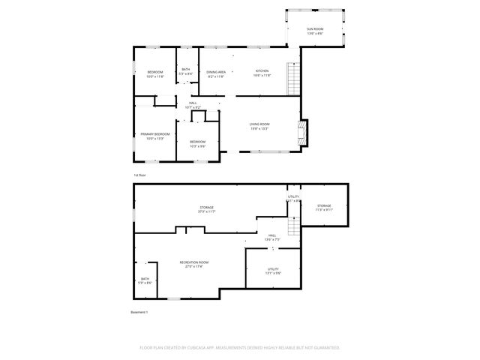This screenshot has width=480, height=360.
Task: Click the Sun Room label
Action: coord(314,30)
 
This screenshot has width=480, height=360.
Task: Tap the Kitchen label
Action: coord(261,71)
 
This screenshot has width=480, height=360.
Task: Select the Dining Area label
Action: coord(217,71)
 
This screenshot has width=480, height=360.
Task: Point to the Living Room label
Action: coord(259,125)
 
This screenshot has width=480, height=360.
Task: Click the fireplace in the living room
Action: coord(301,132)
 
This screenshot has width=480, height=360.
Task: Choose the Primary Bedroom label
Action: coord(155,135)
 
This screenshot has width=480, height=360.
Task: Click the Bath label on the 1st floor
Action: coord(185,70)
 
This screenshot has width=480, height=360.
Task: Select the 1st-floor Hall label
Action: coord(193,103)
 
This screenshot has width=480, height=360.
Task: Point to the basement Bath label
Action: coord(145,279)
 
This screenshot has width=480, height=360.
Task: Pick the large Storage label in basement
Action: coord(206,208)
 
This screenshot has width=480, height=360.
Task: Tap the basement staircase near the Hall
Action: coord(292,226)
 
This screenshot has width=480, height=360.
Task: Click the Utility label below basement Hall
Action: coord(274,269)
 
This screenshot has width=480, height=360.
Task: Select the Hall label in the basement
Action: coord(272,235)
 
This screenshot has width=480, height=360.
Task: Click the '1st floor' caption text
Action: coord(139,175)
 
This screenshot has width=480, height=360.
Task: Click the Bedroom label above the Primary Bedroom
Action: coord(155,72)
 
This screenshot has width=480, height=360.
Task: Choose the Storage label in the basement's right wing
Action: coord(323,205)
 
